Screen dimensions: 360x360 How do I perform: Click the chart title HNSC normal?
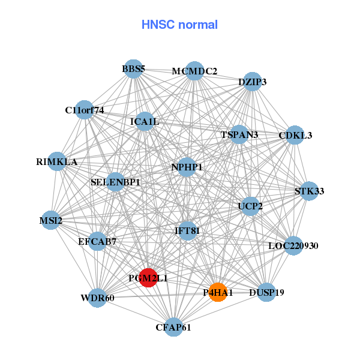tap(179, 25)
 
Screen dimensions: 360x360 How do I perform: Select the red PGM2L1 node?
tap(148, 278)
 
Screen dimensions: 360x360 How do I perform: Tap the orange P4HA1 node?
tap(218, 292)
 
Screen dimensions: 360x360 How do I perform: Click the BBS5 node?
tap(133, 69)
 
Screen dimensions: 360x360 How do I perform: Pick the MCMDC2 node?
tap(194, 71)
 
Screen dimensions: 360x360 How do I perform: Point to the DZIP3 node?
tap(252, 82)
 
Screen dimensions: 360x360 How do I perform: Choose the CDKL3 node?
tap(295, 136)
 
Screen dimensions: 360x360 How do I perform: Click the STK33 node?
tap(309, 191)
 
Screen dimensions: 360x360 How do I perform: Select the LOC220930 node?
tap(293, 245)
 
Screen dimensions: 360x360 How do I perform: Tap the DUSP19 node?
tap(266, 292)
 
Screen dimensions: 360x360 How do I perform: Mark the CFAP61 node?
tap(173, 327)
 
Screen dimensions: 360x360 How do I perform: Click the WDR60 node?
tap(98, 298)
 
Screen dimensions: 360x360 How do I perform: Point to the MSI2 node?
tap(51, 221)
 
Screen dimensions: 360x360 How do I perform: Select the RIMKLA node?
tap(56, 161)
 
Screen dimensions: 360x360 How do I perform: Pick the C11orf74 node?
tap(85, 110)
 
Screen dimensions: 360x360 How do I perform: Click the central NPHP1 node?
tap(187, 167)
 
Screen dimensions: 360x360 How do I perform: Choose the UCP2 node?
tap(250, 206)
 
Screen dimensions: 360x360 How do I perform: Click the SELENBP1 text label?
tap(115, 181)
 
